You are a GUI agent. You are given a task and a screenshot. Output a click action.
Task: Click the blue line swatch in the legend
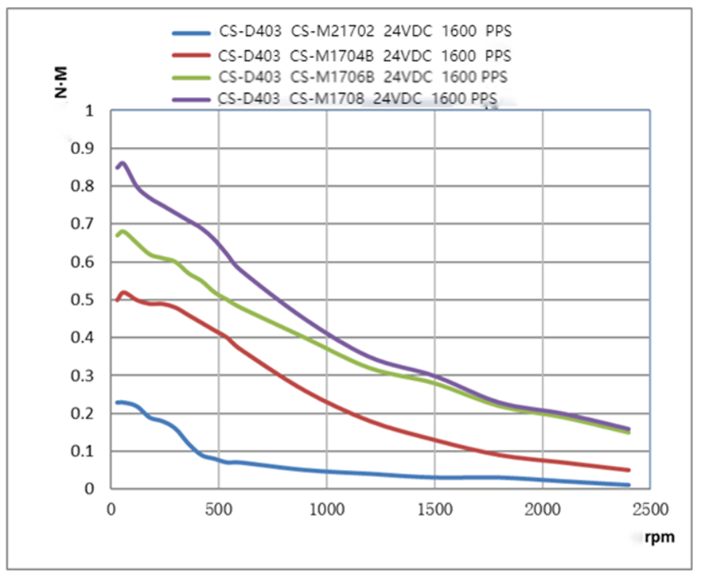click(192, 33)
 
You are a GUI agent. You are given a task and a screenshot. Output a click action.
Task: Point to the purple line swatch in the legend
click(192, 99)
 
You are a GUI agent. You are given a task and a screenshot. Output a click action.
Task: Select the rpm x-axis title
click(660, 537)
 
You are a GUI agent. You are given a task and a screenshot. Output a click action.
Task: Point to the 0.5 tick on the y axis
click(84, 300)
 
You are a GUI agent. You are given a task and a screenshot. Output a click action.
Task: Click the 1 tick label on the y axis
click(89, 111)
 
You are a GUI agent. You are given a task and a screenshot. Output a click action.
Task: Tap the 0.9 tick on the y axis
click(84, 149)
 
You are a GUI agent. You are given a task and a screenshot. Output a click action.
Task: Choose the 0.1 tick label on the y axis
click(84, 452)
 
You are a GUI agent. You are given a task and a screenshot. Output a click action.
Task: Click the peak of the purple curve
click(122, 163)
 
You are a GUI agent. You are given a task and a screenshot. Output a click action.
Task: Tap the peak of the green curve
click(122, 231)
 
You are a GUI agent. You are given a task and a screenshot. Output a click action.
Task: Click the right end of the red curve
click(629, 470)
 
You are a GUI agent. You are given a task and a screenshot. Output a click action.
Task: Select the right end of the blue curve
click(629, 485)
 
